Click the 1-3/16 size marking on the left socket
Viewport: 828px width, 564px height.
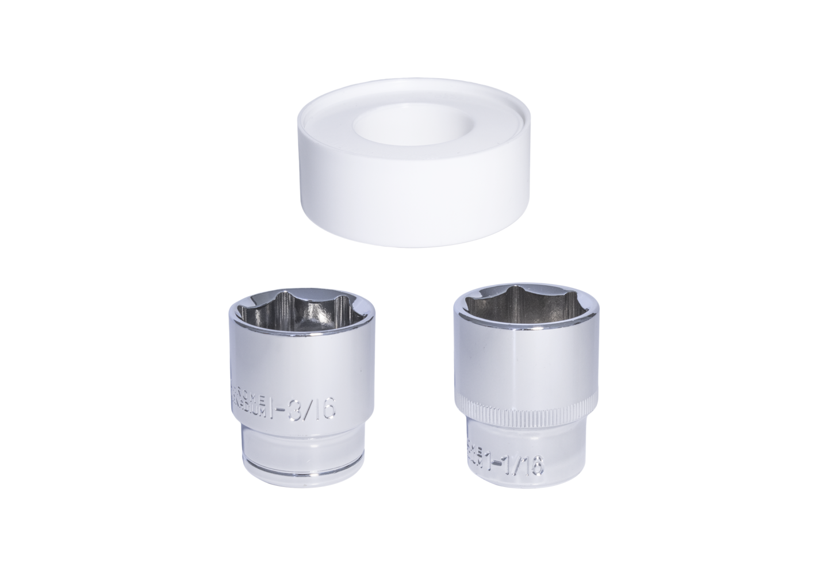[302, 409]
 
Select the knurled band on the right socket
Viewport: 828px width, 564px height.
[526, 412]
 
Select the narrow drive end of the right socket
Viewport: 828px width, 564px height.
[526, 460]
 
